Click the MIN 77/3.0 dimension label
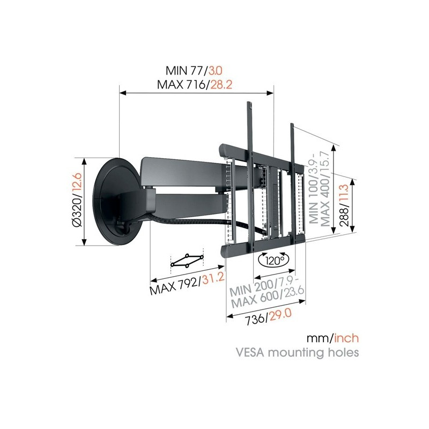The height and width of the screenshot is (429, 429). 194,71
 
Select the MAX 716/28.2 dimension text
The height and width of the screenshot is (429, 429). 195,85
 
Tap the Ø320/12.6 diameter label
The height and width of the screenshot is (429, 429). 77,199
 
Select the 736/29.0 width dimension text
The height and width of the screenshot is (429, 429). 268,317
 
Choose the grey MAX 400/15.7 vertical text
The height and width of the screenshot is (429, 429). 325,189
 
